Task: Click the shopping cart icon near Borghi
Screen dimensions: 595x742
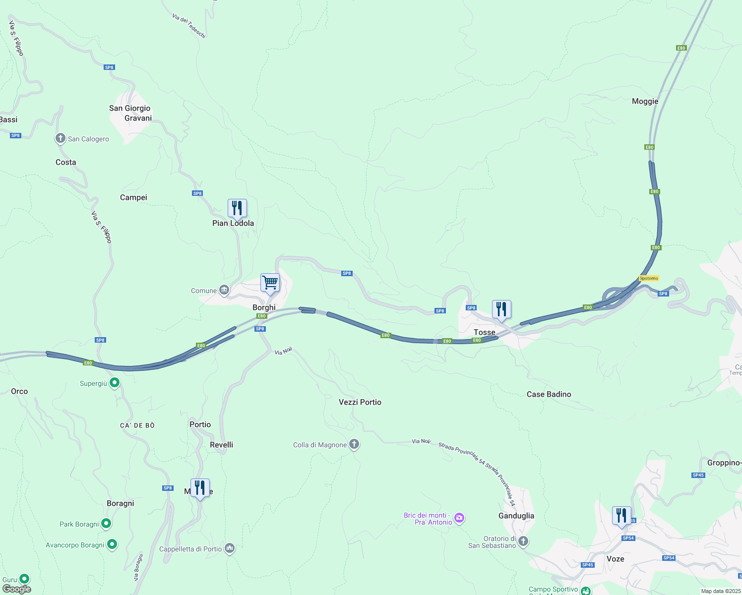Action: tap(270, 283)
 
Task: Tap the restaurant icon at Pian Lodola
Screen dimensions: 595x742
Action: tap(237, 208)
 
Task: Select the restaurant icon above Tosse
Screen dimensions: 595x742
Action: tap(501, 309)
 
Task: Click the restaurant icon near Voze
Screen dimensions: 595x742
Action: tap(621, 516)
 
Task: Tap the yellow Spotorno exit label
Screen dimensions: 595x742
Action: tap(649, 278)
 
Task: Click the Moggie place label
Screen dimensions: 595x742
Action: tap(645, 101)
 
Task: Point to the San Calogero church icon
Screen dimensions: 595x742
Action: tap(61, 138)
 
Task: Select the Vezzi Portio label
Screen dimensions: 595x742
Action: tap(360, 402)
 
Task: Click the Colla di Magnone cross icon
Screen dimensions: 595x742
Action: tap(354, 444)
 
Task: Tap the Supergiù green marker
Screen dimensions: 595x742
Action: tap(115, 383)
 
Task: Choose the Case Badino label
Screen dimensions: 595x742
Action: tap(549, 394)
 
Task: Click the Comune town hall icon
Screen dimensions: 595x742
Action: tap(224, 290)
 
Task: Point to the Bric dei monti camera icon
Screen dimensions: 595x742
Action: tap(459, 518)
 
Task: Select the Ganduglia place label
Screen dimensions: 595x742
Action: tap(516, 516)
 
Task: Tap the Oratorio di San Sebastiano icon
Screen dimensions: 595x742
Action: tap(523, 541)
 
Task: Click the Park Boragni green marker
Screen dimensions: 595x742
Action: tap(106, 524)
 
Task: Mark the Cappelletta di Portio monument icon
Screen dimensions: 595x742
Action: tap(229, 548)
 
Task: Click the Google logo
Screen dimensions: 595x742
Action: tap(17, 589)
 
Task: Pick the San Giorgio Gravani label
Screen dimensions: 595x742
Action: tap(130, 113)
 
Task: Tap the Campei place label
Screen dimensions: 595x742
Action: tap(133, 197)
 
